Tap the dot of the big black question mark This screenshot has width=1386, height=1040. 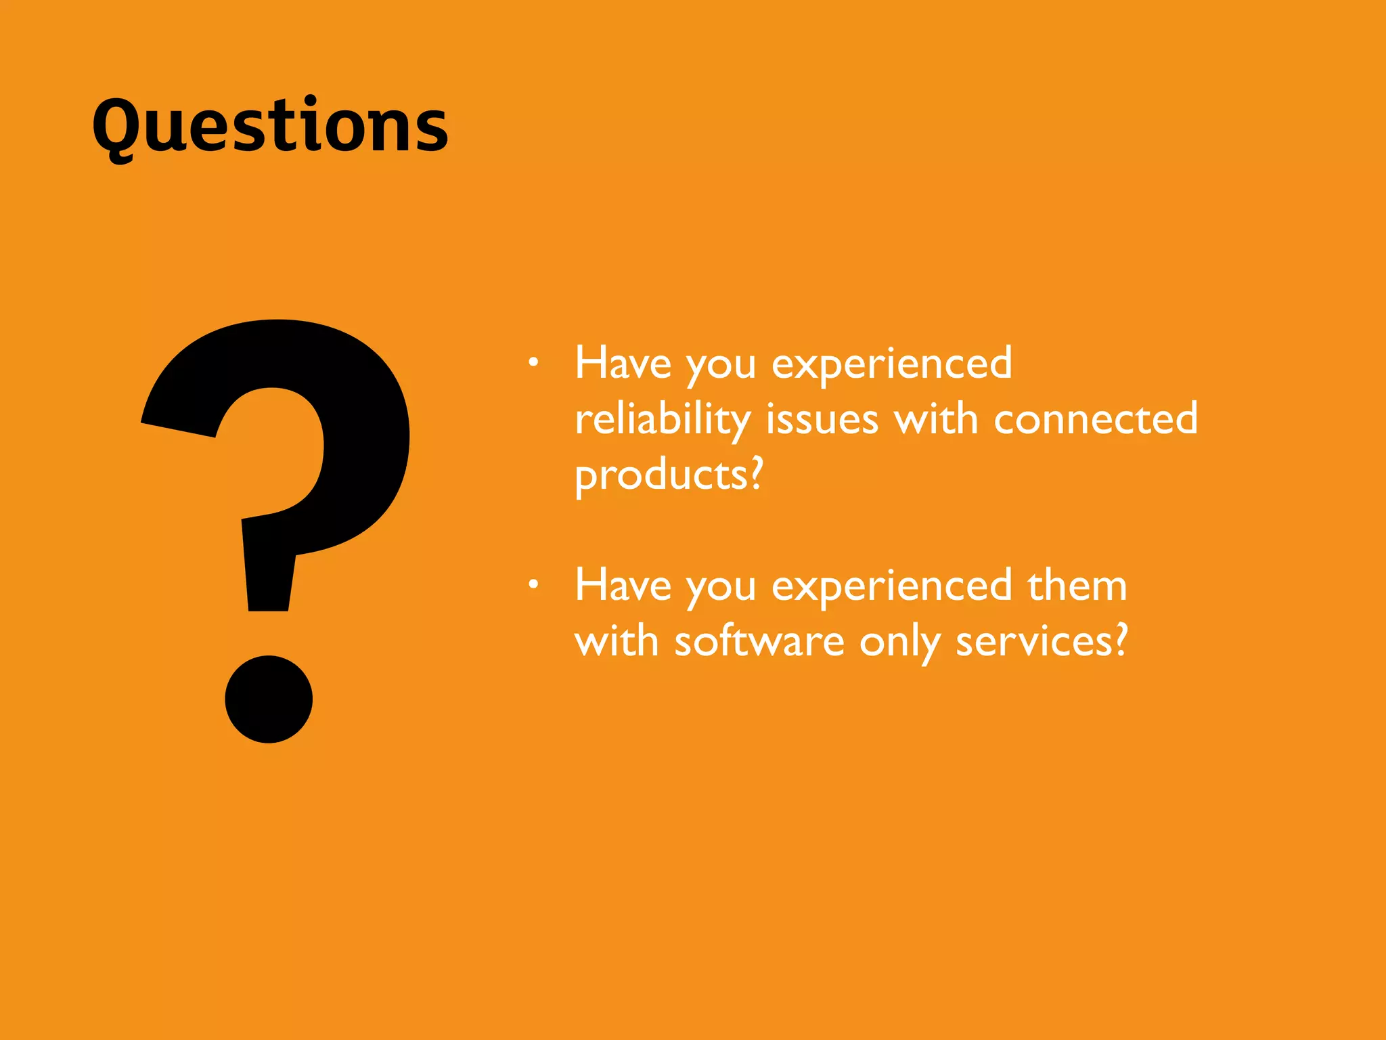click(269, 699)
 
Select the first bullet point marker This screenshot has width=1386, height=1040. click(533, 363)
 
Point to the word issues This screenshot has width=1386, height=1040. click(822, 419)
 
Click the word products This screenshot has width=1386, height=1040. click(661, 475)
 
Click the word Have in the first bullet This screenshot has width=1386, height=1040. click(623, 364)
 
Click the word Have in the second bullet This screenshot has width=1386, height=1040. click(623, 586)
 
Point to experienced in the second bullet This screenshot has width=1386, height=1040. click(892, 587)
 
